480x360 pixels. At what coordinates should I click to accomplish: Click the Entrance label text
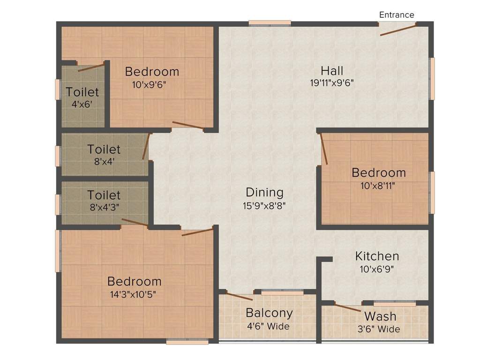tap(397, 15)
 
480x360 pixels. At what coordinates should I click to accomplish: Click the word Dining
tap(265, 192)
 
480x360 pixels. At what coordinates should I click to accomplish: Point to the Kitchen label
tap(377, 256)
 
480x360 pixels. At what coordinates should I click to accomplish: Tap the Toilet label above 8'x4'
tap(104, 149)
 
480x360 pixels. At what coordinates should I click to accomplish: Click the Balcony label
tap(269, 313)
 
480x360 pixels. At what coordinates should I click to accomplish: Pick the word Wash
tap(380, 316)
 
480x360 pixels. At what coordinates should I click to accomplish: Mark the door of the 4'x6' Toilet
tap(91, 67)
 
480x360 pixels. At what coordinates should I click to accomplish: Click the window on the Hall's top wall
tap(270, 22)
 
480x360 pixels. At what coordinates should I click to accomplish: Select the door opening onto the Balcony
tap(239, 296)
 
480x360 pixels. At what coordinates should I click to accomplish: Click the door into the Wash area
tap(347, 308)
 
